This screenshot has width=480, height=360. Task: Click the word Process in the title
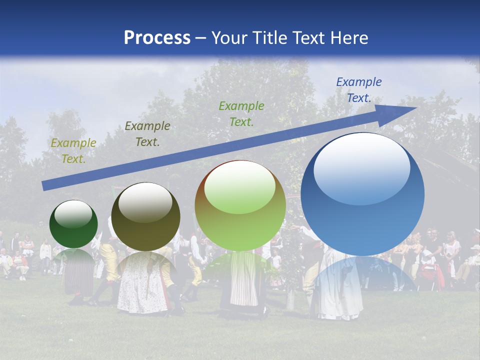[157, 38]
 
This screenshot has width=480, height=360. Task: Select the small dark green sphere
[73, 224]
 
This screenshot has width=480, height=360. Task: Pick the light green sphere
[240, 206]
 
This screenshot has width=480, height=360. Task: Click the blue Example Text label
[358, 90]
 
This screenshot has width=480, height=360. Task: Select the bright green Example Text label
[241, 113]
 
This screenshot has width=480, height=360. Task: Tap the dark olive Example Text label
[147, 134]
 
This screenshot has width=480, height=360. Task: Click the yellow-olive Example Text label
[73, 151]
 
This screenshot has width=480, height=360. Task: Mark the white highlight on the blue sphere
[361, 168]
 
